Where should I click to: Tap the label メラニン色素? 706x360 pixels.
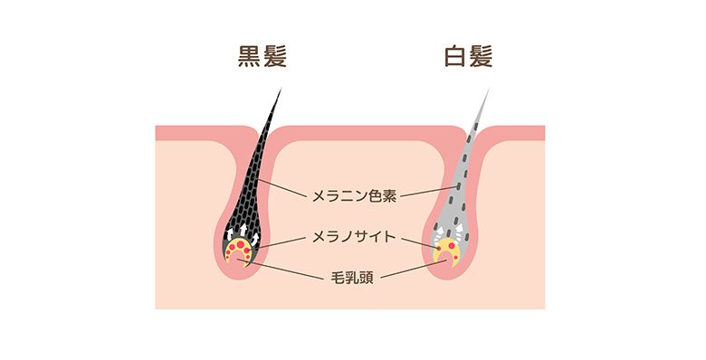[353, 194]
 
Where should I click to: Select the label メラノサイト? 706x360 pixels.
[353, 237]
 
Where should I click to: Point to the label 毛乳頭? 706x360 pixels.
[353, 276]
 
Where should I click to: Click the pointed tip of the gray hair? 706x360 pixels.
[490, 90]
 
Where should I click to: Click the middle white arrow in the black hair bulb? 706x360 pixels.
[242, 233]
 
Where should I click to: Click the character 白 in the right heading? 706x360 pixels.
[453, 58]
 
